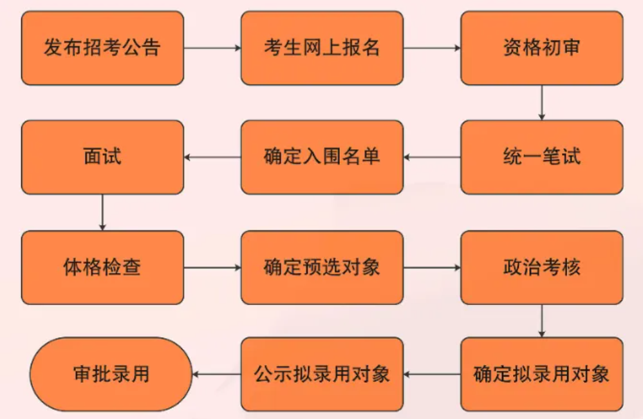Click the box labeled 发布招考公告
pyautogui.click(x=102, y=48)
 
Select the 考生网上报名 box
pyautogui.click(x=322, y=48)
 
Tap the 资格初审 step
pyautogui.click(x=541, y=48)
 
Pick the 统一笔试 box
pyautogui.click(x=541, y=157)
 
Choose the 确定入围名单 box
pyautogui.click(x=322, y=157)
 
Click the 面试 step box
pyautogui.click(x=102, y=157)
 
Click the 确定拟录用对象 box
pyautogui.click(x=541, y=374)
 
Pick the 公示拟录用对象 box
pyautogui.click(x=322, y=374)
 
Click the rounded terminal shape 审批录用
pyautogui.click(x=111, y=374)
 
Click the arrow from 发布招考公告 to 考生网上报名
pyautogui.click(x=212, y=48)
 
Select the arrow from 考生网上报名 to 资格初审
pyautogui.click(x=432, y=48)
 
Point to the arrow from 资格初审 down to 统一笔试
pyautogui.click(x=541, y=102)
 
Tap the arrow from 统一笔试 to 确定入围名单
pyautogui.click(x=432, y=157)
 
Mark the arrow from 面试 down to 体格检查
pyautogui.click(x=102, y=212)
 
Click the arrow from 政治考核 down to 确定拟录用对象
pyautogui.click(x=541, y=321)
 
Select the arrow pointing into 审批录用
pyautogui.click(x=216, y=374)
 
